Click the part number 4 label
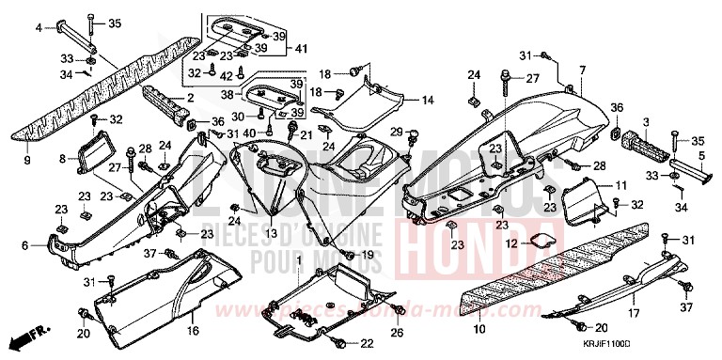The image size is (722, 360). click(x=39, y=28)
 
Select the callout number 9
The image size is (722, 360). click(x=27, y=161)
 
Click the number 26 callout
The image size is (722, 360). click(x=398, y=332)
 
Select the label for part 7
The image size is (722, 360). click(x=582, y=70)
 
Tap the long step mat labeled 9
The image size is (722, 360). click(x=94, y=94)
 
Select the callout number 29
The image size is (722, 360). click(x=397, y=131)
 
